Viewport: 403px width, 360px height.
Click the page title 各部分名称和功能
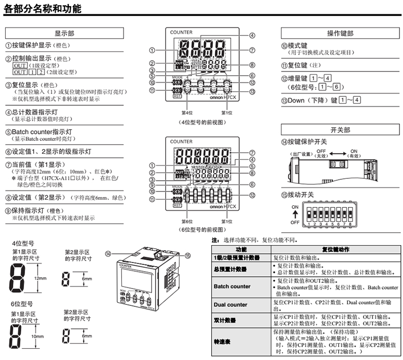[x=42, y=9]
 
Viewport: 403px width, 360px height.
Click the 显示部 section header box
[x=64, y=33]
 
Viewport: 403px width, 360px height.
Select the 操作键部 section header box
[x=340, y=33]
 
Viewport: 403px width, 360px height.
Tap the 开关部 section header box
[x=340, y=130]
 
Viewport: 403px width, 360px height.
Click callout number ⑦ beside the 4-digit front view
[x=252, y=50]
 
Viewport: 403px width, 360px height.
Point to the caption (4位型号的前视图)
[x=203, y=123]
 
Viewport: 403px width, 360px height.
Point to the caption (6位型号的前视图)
[x=203, y=230]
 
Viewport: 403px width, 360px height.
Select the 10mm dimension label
[x=39, y=337]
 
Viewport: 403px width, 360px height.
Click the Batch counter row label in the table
[x=233, y=286]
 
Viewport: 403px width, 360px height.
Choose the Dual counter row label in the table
[x=231, y=304]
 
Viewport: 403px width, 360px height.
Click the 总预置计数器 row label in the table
[x=230, y=269]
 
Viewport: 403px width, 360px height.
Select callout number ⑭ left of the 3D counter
[x=108, y=253]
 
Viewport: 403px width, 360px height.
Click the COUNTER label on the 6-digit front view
[x=182, y=141]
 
